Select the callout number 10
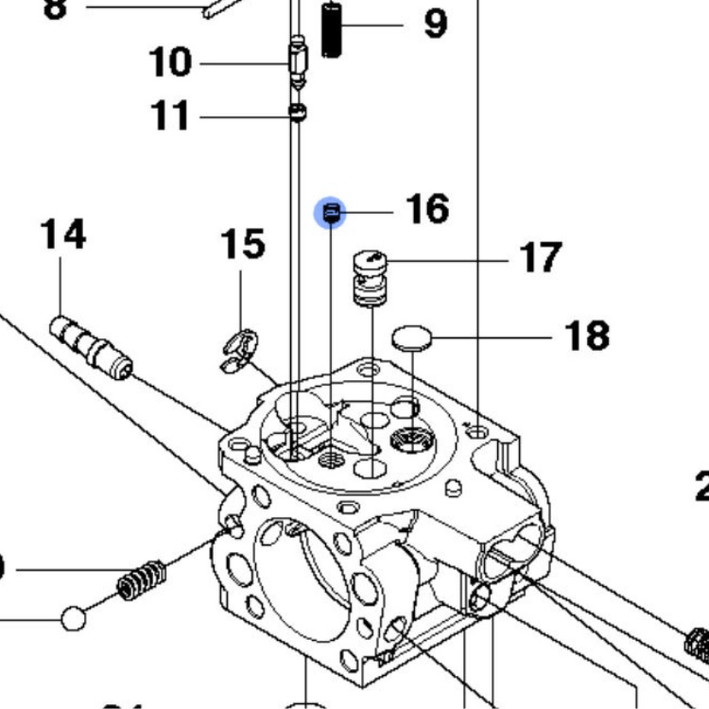point(170,63)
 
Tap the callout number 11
point(170,116)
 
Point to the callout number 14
point(62,234)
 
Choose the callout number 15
point(242,244)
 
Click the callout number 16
point(427,209)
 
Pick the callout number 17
point(541,257)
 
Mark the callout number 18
point(587,336)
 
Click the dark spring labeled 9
point(331,30)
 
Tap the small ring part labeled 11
point(298,114)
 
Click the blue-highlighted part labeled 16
point(331,215)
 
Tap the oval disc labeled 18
point(409,337)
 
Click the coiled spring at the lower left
point(142,580)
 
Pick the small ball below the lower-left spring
point(74,619)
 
